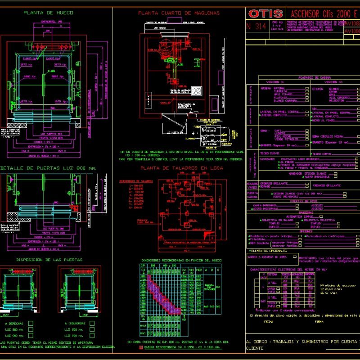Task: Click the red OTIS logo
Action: click(x=265, y=13)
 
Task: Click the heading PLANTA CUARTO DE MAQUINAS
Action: click(x=179, y=13)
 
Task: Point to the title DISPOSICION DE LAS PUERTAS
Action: click(x=49, y=260)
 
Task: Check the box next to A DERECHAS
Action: click(x=31, y=323)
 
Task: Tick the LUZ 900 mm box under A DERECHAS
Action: click(x=31, y=336)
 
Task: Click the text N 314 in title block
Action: click(x=256, y=26)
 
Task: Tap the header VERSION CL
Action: click(x=276, y=82)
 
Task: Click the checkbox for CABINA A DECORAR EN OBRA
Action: click(x=295, y=257)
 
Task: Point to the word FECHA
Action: click(x=269, y=322)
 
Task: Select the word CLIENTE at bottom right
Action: click(x=255, y=348)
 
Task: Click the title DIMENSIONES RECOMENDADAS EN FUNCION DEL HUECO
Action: click(x=181, y=261)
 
